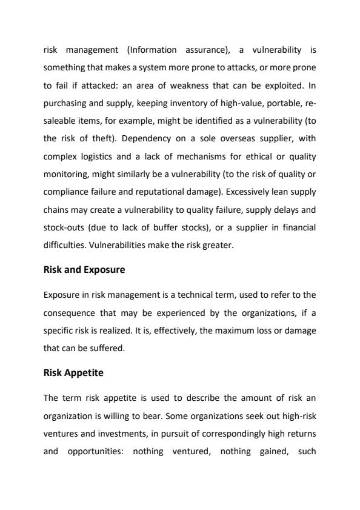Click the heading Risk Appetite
[73, 373]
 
